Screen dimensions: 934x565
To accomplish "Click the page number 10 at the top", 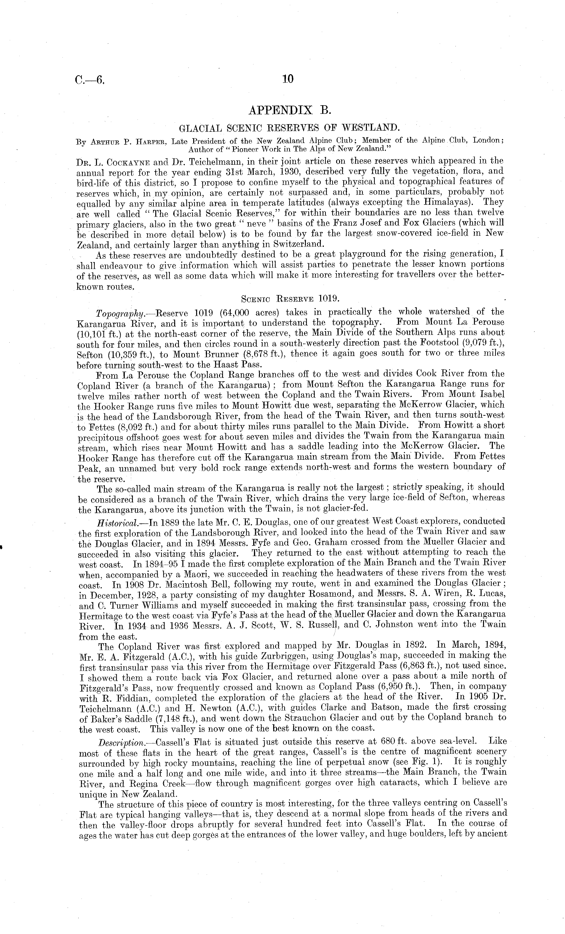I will [x=288, y=79].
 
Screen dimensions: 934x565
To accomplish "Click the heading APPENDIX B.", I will [x=290, y=110].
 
